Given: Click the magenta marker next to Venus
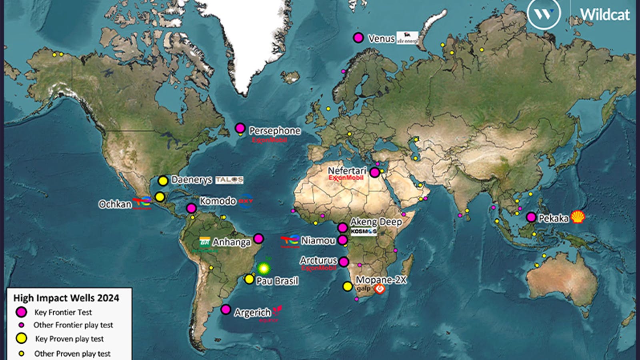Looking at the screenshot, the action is pos(358,38).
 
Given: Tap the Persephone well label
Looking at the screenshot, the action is pos(274,131).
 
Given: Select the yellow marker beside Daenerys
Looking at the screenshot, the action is pos(163,180).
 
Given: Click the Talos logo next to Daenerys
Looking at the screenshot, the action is pos(229,180).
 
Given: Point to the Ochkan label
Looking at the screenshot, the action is pos(115,204).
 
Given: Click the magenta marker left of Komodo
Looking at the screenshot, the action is pos(191,208).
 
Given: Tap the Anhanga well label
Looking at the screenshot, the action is pos(231,242).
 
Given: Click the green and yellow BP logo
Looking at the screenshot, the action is pos(264,268).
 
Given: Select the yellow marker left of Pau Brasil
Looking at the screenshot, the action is pos(249,279).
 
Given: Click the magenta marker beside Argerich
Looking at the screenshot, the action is pos(226,310).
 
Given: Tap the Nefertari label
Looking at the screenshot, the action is pos(347,170).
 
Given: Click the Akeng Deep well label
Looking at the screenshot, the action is pos(376,222).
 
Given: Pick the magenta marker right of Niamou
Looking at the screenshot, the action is pos(342,240).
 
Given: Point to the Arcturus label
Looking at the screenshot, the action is pos(318,260).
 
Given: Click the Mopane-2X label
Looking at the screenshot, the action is pos(380,280).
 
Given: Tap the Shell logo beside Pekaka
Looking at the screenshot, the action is pos(578,217).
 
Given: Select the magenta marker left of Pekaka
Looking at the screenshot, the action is pos(531,217).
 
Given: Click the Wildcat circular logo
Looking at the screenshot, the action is pos(544,14).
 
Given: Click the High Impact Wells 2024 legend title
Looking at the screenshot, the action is pos(66,298).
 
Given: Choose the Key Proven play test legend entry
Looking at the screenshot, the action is pos(69,339).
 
